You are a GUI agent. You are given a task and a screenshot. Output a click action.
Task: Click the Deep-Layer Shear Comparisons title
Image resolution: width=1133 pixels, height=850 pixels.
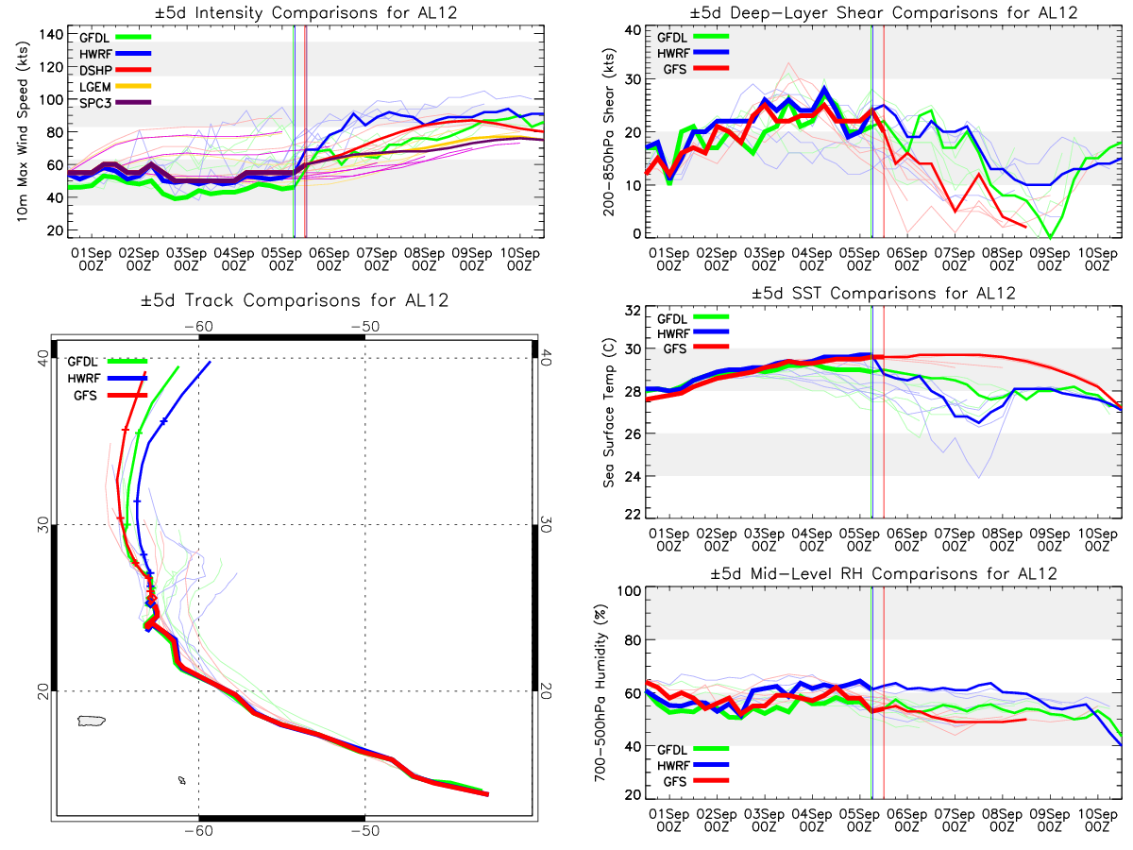(882, 12)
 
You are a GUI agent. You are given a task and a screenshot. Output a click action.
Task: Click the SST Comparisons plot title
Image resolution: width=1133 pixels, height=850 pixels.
(882, 293)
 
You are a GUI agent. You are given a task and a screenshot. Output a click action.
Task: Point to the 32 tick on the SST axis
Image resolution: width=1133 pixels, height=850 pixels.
(633, 311)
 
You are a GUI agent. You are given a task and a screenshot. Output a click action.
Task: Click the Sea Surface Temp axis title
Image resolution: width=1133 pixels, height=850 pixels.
(608, 416)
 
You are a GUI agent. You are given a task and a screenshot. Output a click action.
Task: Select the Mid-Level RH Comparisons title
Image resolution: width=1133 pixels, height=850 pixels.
(882, 573)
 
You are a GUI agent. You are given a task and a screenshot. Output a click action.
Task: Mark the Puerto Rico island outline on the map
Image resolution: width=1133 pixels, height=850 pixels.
(91, 721)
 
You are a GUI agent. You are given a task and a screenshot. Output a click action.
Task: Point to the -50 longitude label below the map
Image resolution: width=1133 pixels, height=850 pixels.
(365, 830)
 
